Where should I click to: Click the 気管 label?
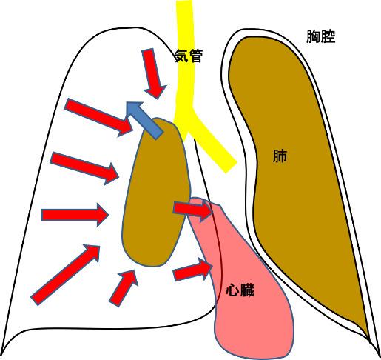pos(189,56)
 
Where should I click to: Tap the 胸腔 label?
pos(321,36)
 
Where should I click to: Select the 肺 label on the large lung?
pos(280,156)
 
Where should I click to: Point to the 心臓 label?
pos(240,290)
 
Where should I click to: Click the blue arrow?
pos(144,119)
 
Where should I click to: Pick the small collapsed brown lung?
pos(156,193)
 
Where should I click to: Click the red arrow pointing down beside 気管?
pos(153,73)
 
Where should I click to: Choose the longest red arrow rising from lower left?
pos(65,275)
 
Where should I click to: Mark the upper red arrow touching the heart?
pos(193,210)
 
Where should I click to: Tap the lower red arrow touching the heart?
pos(193,270)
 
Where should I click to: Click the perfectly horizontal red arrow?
pos(75,215)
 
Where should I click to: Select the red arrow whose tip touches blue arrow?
pos(98,117)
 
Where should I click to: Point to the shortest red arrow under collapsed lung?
pos(124,288)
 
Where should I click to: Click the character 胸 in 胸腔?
pos(314,36)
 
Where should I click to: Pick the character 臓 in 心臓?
pos(247,290)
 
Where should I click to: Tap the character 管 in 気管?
pos(196,56)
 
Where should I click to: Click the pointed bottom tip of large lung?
pos(369,339)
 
